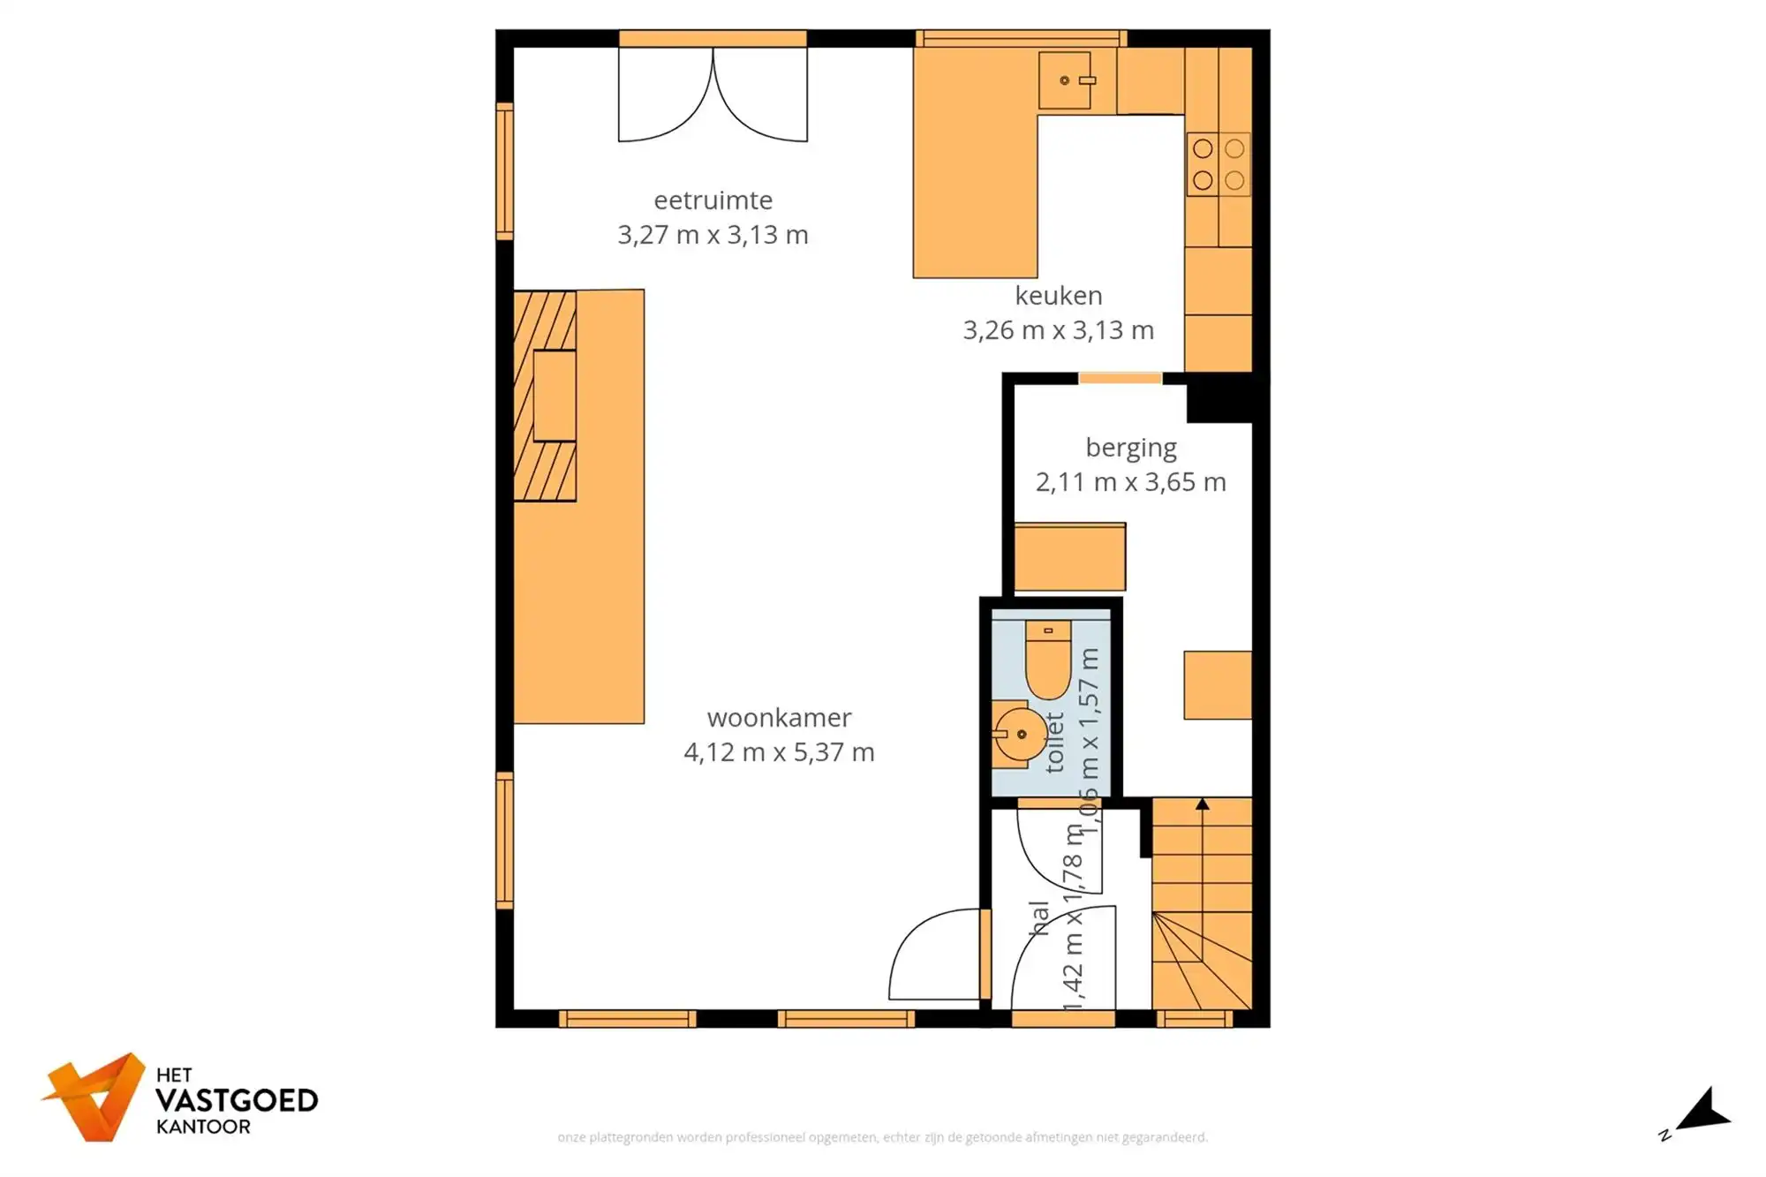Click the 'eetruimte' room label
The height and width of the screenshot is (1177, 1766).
713,200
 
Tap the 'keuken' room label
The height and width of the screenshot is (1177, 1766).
1058,296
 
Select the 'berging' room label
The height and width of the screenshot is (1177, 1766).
1130,448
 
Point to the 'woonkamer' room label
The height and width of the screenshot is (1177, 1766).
779,718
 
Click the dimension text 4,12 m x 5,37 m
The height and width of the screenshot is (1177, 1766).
779,752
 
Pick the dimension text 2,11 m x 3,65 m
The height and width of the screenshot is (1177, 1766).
1130,482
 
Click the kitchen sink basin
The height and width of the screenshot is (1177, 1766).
1065,80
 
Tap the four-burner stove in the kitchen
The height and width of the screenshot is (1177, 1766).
1219,164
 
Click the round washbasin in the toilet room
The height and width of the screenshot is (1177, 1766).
1020,734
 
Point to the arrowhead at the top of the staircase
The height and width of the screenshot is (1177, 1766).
1202,804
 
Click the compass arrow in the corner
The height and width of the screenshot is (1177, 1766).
1704,1111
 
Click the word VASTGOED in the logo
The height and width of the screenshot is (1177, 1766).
237,1100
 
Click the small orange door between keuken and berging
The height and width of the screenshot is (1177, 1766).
1120,379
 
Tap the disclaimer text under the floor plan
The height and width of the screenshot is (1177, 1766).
882,1137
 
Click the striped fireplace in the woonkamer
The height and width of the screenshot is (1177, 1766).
546,396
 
